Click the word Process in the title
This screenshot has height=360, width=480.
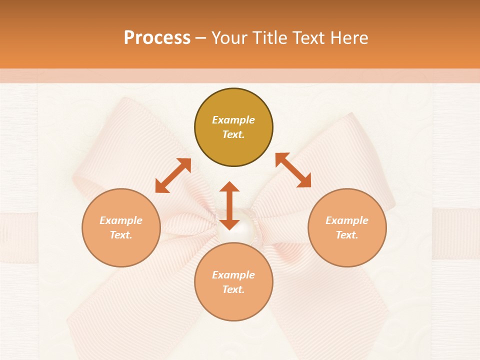[x=157, y=38]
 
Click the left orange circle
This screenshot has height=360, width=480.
[x=121, y=227]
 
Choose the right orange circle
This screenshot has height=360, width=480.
[x=347, y=227]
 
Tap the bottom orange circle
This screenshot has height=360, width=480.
[x=233, y=282]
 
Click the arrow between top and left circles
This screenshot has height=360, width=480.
[x=173, y=175]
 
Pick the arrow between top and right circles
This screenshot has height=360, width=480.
[x=293, y=170]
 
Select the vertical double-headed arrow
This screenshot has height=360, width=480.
[x=229, y=205]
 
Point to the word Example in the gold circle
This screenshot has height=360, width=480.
[x=233, y=120]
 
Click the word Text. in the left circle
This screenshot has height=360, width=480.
[x=121, y=235]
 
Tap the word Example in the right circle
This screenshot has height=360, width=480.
[x=347, y=220]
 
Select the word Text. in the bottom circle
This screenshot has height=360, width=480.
[x=233, y=289]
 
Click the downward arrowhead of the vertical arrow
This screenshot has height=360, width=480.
[x=229, y=223]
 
